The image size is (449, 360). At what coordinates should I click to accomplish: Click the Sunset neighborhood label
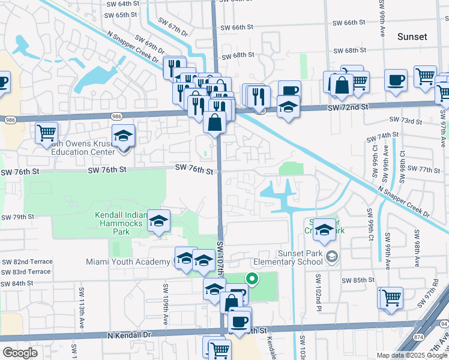tap(412, 37)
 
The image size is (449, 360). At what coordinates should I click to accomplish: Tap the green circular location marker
tap(253, 278)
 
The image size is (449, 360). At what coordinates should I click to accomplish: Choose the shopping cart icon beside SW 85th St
tap(390, 297)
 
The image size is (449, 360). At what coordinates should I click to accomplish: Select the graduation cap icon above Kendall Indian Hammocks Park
tap(158, 221)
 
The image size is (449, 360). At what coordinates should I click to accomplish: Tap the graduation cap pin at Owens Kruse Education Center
tap(123, 136)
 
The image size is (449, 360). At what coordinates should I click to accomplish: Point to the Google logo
tap(20, 353)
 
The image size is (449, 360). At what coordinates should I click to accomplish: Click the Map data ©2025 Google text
tap(411, 355)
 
